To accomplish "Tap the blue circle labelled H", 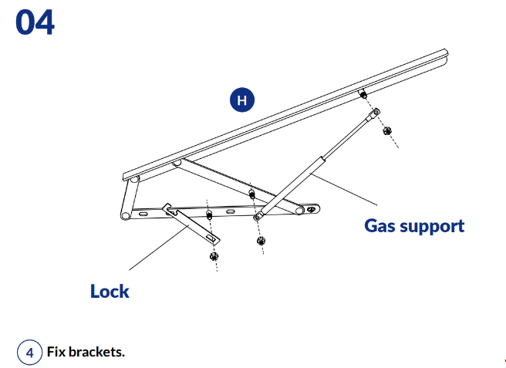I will (241, 100).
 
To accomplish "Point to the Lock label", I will (110, 291).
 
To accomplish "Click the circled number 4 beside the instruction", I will (29, 352).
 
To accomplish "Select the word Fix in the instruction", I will (56, 352).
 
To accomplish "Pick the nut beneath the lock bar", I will (214, 255).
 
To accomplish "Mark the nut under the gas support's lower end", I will (261, 241).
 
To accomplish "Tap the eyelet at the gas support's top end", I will (375, 113).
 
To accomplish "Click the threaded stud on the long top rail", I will (362, 96).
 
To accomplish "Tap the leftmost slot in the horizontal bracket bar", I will (144, 213).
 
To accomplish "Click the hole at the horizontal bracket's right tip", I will (311, 208).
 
